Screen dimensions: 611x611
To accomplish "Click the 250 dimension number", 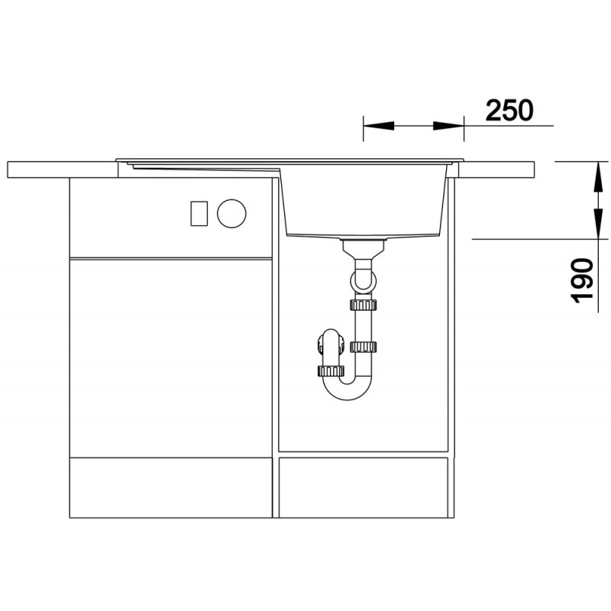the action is tap(509, 110).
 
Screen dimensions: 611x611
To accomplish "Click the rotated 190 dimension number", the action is tap(582, 280).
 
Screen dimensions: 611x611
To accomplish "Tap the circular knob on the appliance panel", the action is tap(231, 213).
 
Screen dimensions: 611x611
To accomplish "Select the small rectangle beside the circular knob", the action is tap(199, 213).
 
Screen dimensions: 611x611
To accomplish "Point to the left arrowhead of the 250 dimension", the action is tap(378, 126).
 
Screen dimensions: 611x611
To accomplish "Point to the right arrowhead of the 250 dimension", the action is tap(448, 126).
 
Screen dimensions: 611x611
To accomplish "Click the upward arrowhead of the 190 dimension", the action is tap(598, 176).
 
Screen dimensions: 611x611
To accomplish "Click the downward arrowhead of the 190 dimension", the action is tap(598, 223).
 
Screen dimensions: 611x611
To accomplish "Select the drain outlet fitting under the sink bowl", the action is tap(364, 249).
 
